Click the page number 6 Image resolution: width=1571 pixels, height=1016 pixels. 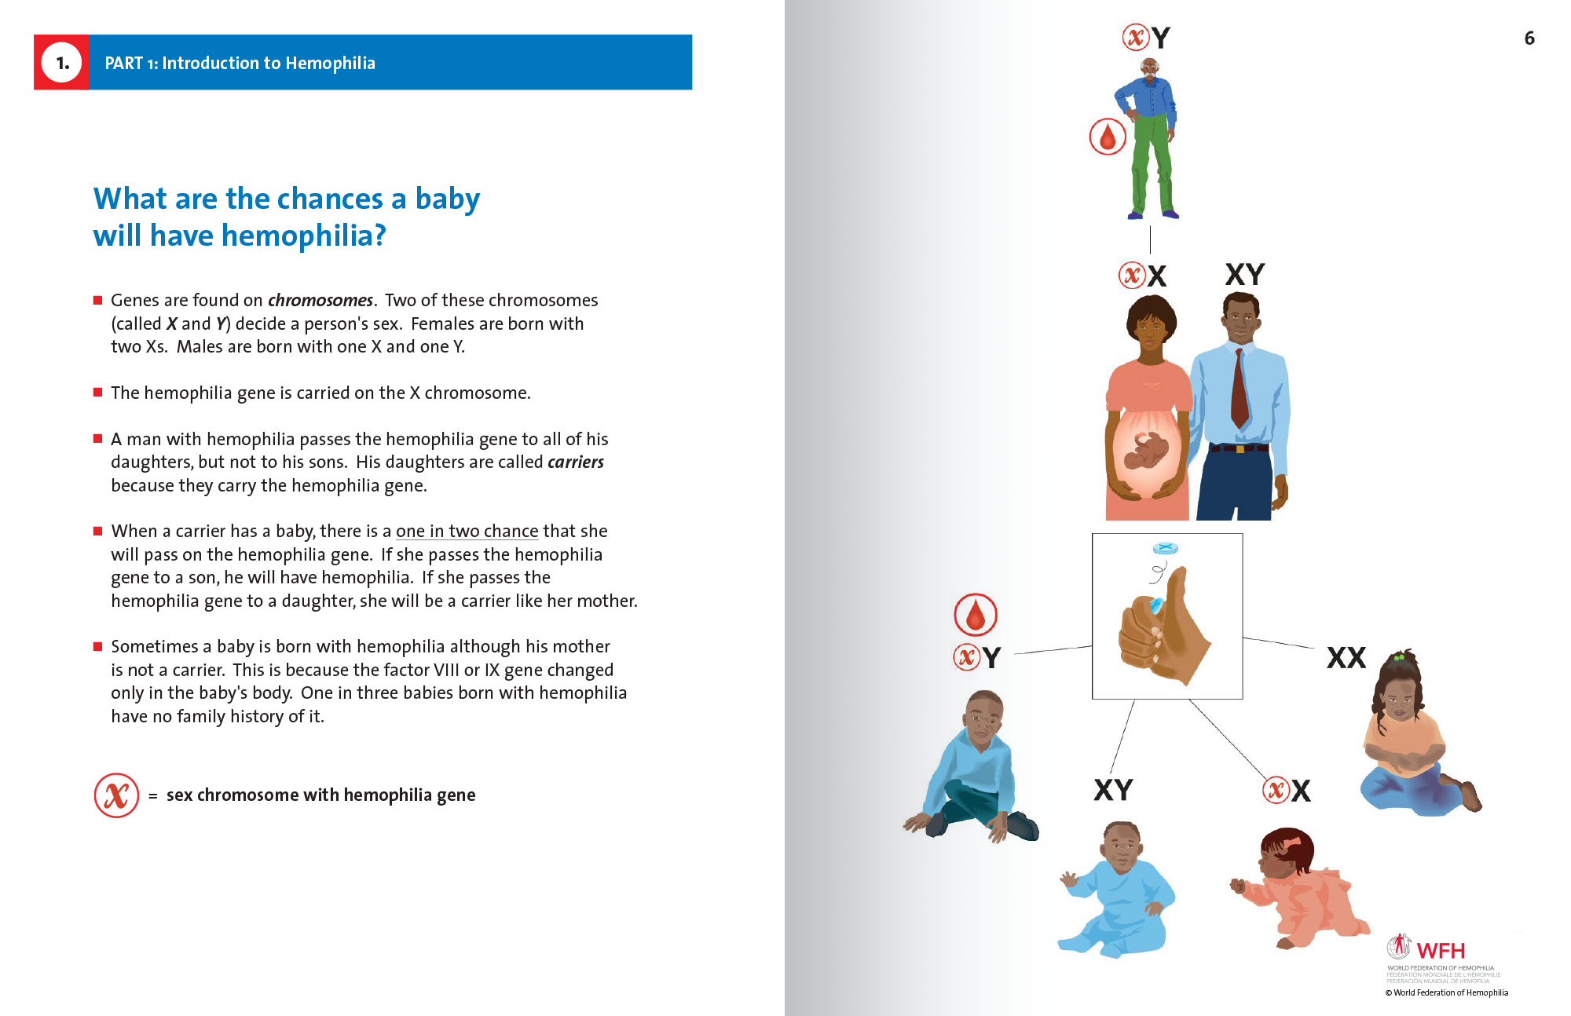1529,38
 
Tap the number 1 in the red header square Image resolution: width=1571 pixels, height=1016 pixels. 62,63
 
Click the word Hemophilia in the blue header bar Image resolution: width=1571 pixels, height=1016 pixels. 330,63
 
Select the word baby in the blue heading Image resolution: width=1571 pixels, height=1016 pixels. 447,199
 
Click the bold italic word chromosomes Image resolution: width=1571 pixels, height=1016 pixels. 320,300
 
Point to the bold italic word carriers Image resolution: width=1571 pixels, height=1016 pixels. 576,462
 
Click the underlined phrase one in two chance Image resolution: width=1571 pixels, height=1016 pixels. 467,532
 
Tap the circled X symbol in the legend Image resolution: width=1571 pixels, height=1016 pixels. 116,795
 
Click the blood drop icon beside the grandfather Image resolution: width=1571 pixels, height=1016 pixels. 1108,137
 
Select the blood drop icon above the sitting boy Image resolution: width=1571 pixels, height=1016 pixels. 976,614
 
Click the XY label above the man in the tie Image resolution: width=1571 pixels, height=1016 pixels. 1245,274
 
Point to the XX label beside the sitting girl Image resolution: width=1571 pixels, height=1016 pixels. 1346,658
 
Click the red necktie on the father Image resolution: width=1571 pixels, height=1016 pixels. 1240,388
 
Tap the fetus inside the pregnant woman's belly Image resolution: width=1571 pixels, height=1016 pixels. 1147,453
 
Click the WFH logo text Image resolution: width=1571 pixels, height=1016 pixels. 1441,950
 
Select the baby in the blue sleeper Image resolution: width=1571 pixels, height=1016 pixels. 1119,889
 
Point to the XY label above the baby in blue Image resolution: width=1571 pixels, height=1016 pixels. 1113,790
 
